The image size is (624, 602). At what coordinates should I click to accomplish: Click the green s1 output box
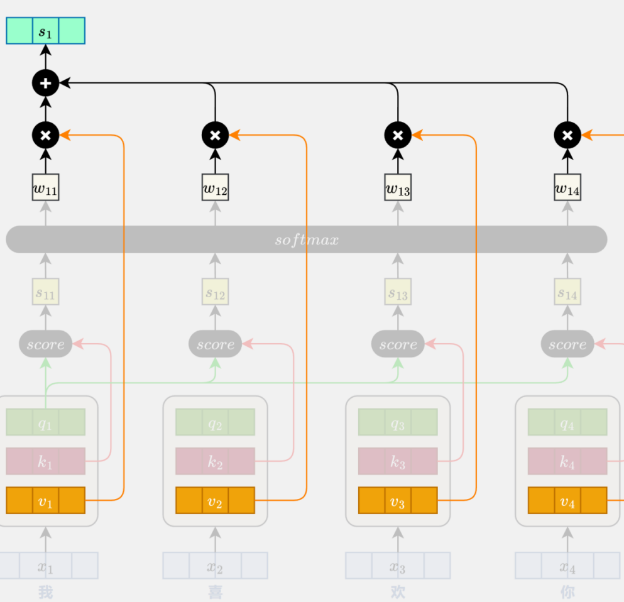point(45,31)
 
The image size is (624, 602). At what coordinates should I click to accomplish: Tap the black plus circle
point(45,82)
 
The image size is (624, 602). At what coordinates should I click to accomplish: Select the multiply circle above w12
point(215,134)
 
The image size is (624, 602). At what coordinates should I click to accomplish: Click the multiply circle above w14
point(567,134)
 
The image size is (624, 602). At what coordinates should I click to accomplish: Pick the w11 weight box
point(45,187)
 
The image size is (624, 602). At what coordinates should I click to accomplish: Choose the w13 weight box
point(398,187)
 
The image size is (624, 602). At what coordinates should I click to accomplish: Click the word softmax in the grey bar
point(307,239)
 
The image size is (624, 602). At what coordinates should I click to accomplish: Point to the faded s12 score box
point(215,292)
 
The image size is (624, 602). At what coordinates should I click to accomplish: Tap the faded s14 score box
point(567,292)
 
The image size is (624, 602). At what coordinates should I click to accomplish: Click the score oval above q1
point(45,344)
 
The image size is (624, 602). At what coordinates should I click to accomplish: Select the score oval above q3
point(398,344)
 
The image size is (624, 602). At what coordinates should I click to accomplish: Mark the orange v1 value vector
point(45,500)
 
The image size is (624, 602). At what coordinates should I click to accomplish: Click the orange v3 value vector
point(398,500)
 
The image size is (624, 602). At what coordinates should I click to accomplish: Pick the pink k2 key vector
point(215,461)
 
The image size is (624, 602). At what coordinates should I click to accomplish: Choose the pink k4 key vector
point(567,461)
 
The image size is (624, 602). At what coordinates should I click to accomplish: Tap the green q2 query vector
point(215,422)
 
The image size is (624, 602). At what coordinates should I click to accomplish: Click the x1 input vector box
point(45,565)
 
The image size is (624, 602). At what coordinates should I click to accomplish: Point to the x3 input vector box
point(398,565)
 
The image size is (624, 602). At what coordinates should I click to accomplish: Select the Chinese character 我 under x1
point(45,591)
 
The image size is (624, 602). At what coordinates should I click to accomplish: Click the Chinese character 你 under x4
point(567,591)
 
